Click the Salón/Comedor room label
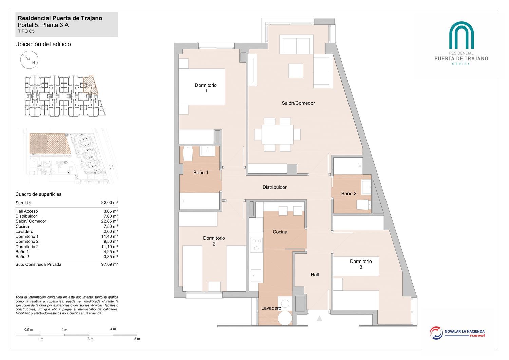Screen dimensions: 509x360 [298, 103]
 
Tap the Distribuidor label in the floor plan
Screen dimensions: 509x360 [275, 187]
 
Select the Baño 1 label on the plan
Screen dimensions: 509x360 [201, 173]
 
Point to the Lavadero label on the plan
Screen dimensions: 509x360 [271, 308]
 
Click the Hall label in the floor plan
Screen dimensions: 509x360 [315, 275]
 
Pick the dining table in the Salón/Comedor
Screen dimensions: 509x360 [277, 134]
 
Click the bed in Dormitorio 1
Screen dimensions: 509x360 [202, 86]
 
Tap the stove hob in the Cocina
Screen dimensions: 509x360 [256, 245]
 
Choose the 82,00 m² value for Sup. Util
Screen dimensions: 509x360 [110, 203]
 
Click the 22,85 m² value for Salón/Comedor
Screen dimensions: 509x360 [110, 221]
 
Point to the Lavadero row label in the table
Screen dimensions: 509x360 [24, 232]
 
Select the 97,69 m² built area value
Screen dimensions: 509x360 [110, 264]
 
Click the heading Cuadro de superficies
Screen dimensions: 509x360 [38, 194]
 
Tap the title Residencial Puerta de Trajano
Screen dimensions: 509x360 [60, 18]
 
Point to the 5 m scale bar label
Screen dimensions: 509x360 [137, 339]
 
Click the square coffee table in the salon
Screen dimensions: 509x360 [296, 71]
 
